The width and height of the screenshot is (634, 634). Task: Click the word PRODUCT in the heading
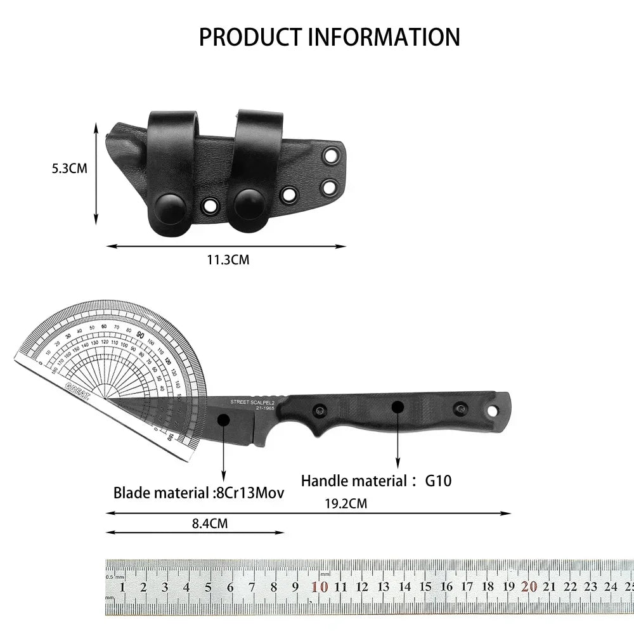[x=250, y=37]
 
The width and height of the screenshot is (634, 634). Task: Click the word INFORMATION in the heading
[x=384, y=37]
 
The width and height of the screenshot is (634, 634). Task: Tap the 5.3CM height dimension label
[x=69, y=169]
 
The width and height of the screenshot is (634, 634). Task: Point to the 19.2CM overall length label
[x=346, y=504]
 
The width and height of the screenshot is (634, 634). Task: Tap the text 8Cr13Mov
[x=249, y=493]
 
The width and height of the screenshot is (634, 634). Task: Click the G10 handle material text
[x=438, y=481]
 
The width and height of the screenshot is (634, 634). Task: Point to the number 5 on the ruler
[x=208, y=587]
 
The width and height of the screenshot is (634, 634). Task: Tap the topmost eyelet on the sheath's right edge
[x=330, y=156]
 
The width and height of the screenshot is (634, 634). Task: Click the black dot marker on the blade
[x=223, y=419]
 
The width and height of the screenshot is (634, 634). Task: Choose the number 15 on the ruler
[x=425, y=587]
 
